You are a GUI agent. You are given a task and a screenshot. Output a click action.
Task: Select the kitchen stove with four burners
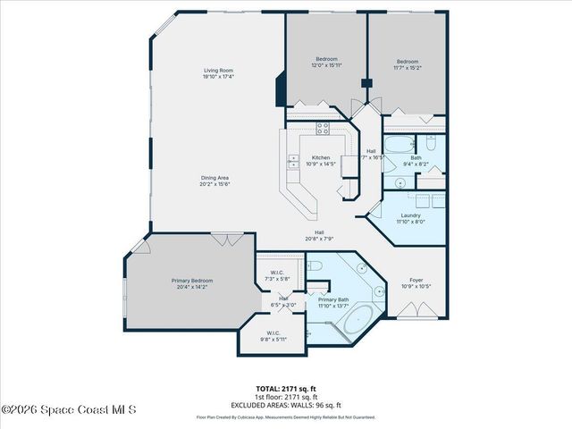(x=323, y=128)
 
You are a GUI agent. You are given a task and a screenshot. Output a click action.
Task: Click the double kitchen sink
(x=293, y=162)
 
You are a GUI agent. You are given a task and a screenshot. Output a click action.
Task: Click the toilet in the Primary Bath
(x=314, y=265)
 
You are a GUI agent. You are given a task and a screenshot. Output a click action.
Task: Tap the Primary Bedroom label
(x=192, y=283)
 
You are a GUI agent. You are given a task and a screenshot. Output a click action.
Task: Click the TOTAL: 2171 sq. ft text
(x=286, y=388)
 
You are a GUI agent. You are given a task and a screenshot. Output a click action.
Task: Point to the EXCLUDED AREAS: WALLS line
(x=286, y=404)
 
